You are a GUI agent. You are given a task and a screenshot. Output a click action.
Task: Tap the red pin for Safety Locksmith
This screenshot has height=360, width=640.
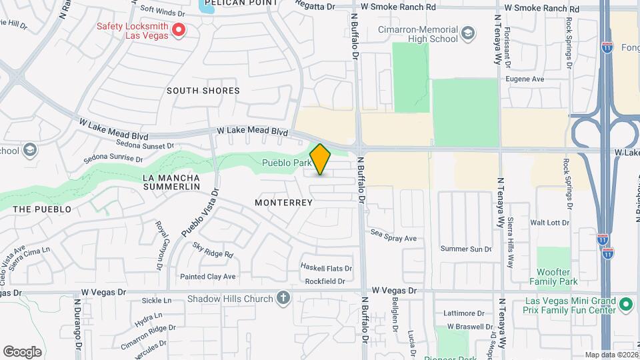tap(179, 30)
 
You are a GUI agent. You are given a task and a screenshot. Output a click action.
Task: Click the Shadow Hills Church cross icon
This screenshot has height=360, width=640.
tap(284, 299)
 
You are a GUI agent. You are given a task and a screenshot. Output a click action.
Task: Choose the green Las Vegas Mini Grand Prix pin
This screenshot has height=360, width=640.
tap(625, 305)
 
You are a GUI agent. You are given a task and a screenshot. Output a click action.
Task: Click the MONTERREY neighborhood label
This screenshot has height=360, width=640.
tap(284, 202)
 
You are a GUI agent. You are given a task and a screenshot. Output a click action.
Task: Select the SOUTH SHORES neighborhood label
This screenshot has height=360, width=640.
tap(203, 91)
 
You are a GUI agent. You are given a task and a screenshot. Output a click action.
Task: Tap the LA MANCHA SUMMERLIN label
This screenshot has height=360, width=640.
tap(171, 183)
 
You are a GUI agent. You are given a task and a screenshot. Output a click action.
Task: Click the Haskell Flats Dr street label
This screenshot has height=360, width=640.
tap(326, 268)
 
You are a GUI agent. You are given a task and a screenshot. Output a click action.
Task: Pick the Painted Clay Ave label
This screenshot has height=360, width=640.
tap(208, 277)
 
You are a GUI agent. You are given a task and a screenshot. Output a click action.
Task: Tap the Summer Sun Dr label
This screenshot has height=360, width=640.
tap(466, 249)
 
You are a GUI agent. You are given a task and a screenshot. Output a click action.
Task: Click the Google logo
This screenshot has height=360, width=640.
tap(22, 351)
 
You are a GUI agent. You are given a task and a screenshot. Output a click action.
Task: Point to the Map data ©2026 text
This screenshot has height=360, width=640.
tap(611, 355)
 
